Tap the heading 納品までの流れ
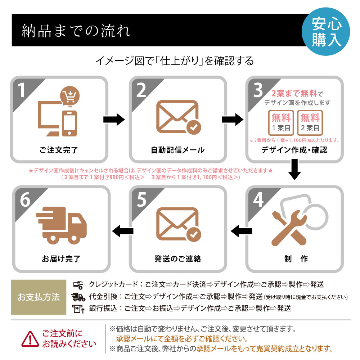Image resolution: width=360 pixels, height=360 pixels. click(76, 31)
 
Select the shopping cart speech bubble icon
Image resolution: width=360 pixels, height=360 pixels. click(69, 96)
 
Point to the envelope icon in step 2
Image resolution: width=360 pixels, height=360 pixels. click(178, 117)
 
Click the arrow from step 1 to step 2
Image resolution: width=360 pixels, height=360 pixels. click(114, 120)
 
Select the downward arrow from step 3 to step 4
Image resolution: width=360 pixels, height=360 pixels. click(294, 170)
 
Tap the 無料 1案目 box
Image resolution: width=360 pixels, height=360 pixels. click(281, 122)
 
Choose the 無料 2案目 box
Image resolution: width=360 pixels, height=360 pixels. click(310, 122)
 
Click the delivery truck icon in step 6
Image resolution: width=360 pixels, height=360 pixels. click(62, 224)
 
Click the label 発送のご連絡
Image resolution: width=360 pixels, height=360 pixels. click(178, 258)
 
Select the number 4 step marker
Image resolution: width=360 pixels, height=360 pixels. click(258, 200)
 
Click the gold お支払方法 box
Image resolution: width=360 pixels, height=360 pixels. click(39, 297)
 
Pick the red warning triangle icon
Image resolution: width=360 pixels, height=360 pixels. click(30, 338)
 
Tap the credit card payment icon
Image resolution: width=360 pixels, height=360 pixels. click(78, 285)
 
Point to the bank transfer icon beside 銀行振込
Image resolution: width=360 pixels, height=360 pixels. click(78, 309)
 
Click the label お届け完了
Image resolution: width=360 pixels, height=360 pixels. click(61, 258)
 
